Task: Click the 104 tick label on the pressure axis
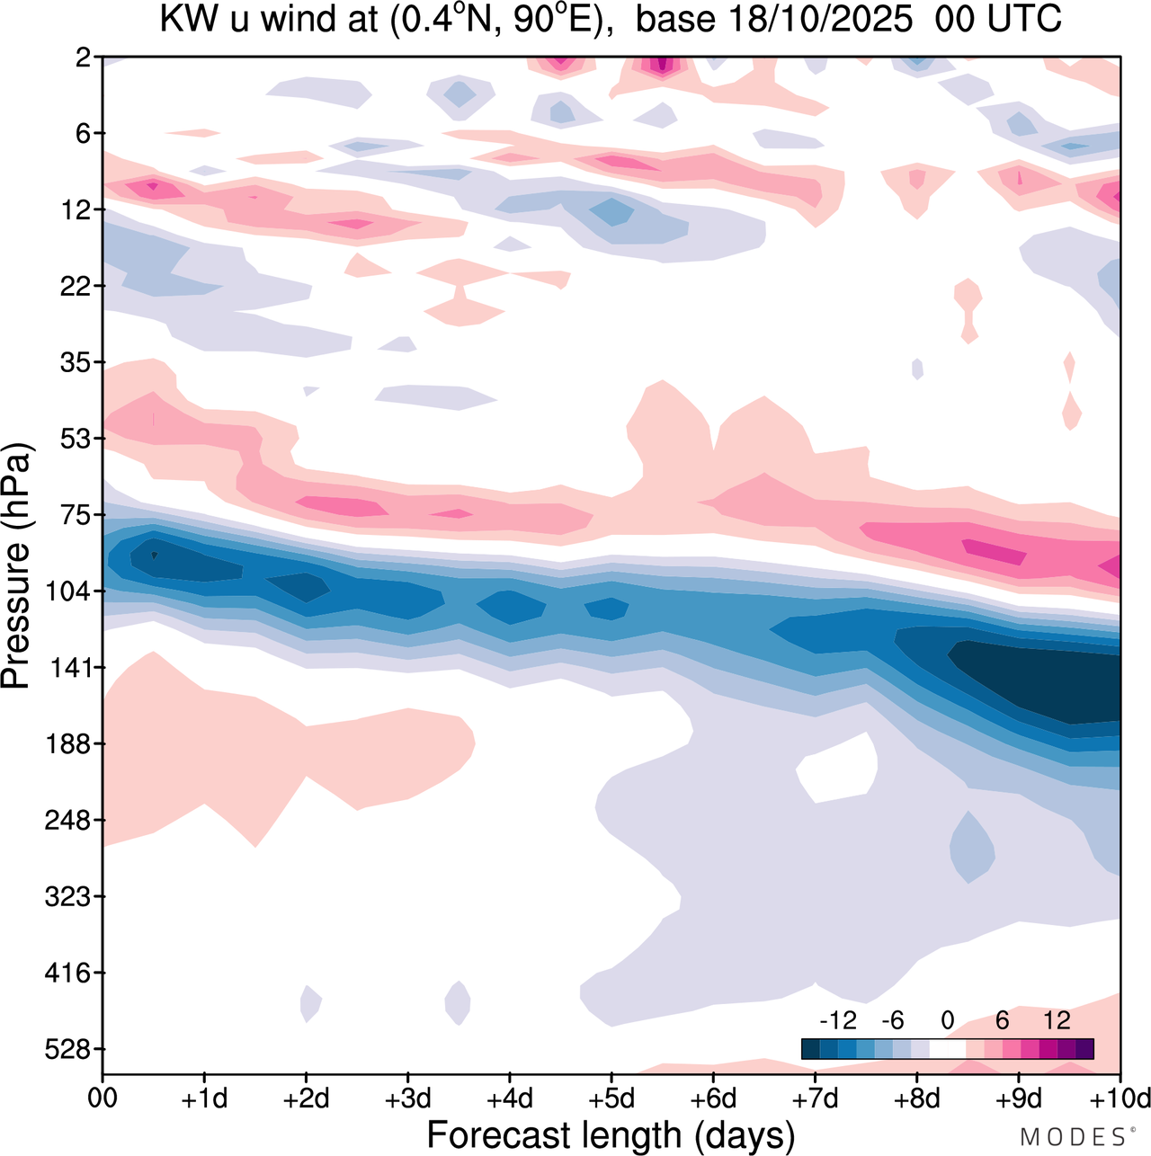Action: click(72, 591)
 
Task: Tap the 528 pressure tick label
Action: click(72, 1049)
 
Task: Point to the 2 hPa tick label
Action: click(85, 58)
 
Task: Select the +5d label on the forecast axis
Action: click(611, 1098)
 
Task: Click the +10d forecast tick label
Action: click(1119, 1098)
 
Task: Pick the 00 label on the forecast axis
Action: click(103, 1098)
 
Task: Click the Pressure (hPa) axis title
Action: click(16, 566)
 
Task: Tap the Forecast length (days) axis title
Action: click(611, 1134)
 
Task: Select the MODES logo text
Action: click(1075, 1137)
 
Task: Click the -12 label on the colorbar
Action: click(838, 1020)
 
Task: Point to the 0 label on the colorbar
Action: click(947, 1020)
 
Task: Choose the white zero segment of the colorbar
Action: click(947, 1048)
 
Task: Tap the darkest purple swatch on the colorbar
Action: click(1084, 1048)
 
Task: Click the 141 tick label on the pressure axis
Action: click(72, 668)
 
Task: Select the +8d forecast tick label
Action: click(916, 1098)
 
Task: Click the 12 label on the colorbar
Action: click(1057, 1020)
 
